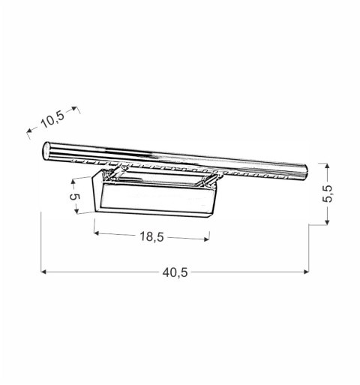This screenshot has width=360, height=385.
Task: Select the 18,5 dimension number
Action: click(x=151, y=236)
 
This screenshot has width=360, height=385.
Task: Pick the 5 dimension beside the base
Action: click(x=73, y=201)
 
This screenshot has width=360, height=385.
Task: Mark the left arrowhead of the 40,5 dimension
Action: click(x=43, y=272)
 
